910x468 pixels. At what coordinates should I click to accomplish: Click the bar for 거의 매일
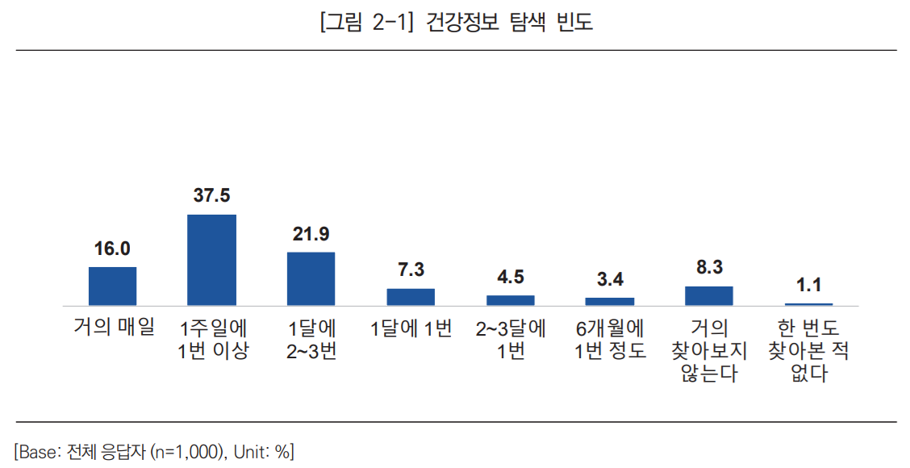pos(112,286)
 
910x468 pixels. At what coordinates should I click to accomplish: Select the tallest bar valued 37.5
pos(211,260)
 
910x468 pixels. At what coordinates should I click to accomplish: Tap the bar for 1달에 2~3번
pos(311,278)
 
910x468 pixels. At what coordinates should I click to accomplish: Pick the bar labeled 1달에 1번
pos(411,297)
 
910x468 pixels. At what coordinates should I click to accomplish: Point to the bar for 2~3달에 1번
pos(511,300)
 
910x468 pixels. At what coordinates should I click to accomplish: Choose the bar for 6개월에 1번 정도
pos(610,302)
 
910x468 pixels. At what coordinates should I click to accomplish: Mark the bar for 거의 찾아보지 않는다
pos(709,295)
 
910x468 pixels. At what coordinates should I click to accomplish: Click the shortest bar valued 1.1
pos(808,304)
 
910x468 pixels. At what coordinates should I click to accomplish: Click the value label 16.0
pos(112,249)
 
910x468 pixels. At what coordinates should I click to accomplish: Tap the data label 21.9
pos(311,234)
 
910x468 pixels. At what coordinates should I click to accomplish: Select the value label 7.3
pos(411,270)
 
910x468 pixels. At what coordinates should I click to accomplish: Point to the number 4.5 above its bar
pos(511,277)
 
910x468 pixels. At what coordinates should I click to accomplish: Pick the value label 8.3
pos(709,267)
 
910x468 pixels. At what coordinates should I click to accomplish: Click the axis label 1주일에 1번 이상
pos(213,340)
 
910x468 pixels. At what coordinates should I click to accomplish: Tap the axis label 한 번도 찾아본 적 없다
pos(808,351)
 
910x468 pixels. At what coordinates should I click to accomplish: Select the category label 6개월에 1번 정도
pos(610,340)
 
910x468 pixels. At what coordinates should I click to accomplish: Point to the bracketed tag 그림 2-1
pos(366,23)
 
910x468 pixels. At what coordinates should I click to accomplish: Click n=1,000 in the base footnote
pos(190,451)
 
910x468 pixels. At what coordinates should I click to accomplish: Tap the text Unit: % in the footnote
pos(262,451)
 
